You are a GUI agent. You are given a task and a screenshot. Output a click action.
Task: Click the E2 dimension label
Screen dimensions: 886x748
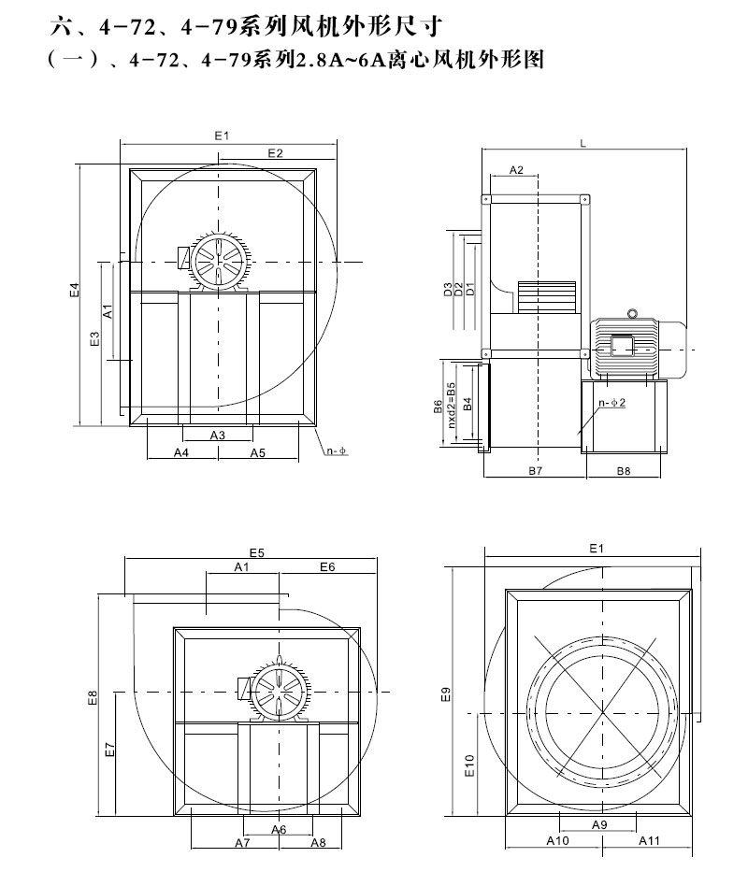tap(275, 152)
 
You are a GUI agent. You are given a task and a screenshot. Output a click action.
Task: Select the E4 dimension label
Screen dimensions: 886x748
tap(74, 292)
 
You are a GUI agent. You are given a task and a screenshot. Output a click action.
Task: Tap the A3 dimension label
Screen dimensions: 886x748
tap(217, 436)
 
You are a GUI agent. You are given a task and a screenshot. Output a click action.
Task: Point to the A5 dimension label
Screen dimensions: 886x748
tap(258, 453)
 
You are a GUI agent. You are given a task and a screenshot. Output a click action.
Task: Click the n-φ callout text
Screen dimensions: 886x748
tap(337, 452)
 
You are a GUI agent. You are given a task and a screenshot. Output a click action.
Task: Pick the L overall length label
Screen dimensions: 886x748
tap(583, 143)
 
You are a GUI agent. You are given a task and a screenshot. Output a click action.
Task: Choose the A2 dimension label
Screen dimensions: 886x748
tap(516, 169)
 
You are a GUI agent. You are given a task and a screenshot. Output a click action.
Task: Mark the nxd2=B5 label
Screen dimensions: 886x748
tap(452, 404)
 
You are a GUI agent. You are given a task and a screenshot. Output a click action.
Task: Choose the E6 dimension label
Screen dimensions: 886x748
tap(327, 567)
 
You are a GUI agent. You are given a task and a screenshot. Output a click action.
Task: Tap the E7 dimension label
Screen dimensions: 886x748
tap(109, 749)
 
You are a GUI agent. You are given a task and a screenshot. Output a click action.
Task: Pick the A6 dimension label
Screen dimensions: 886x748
tap(279, 829)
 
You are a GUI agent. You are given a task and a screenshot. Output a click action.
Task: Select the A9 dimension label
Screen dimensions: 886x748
tap(599, 824)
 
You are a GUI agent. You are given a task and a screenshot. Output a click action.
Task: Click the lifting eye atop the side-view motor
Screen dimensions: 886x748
tap(632, 313)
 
